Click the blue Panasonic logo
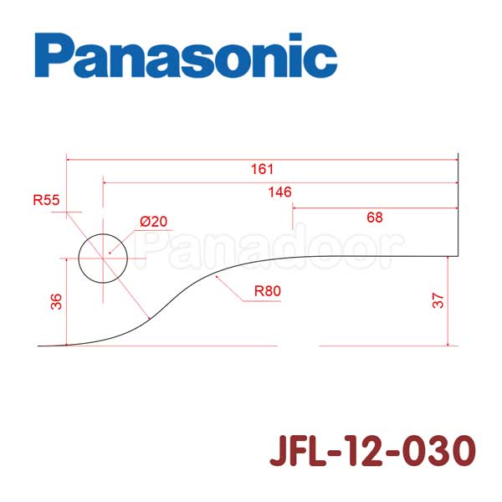click(x=186, y=55)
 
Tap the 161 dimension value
click(x=262, y=169)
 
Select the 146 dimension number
click(x=279, y=192)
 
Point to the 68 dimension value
click(x=375, y=218)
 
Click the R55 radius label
click(x=46, y=200)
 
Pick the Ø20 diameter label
click(x=154, y=221)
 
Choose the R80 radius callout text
click(x=268, y=291)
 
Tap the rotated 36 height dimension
click(x=56, y=301)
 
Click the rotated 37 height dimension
click(x=438, y=300)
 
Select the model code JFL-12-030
click(x=372, y=450)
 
